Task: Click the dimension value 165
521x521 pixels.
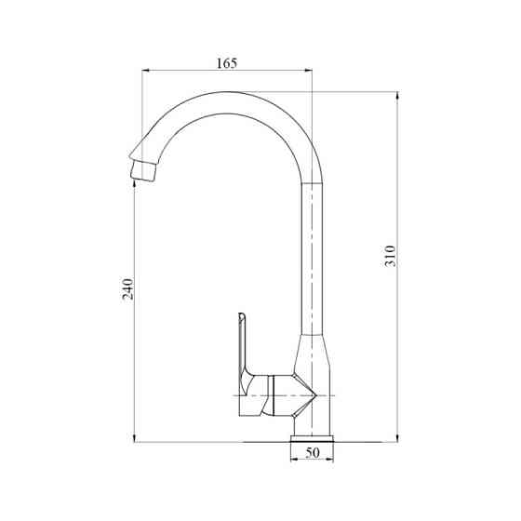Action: pyautogui.click(x=227, y=62)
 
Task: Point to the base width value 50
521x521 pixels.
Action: pyautogui.click(x=313, y=453)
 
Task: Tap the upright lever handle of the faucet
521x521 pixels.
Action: pyautogui.click(x=244, y=349)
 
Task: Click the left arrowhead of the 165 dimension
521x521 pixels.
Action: pyautogui.click(x=146, y=70)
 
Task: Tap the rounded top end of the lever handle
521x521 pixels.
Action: pyautogui.click(x=241, y=315)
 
